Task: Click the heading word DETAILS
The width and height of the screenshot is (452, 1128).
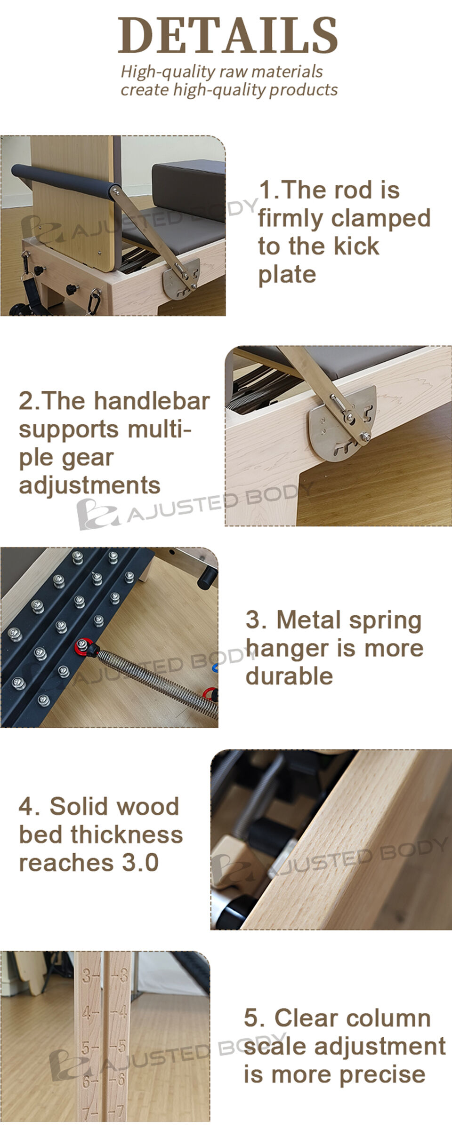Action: click(227, 35)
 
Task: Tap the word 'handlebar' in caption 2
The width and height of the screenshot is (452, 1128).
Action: click(152, 401)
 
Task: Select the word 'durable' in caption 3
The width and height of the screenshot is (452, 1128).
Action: click(289, 676)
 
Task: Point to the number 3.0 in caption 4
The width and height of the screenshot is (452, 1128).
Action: click(140, 863)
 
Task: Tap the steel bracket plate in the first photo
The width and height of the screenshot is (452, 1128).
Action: click(181, 283)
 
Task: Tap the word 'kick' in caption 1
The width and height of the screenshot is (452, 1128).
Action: click(355, 246)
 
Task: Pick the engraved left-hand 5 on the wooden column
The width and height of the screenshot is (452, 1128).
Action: click(86, 1048)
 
